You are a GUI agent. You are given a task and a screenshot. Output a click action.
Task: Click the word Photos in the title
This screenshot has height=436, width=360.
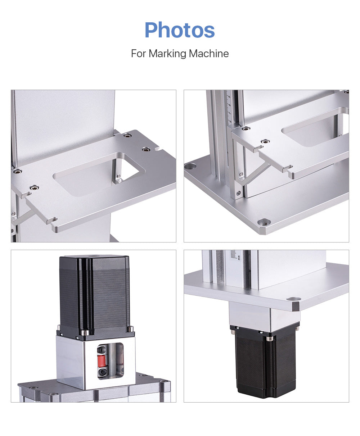click(180, 30)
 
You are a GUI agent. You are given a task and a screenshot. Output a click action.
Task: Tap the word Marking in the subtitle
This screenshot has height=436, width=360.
click(168, 54)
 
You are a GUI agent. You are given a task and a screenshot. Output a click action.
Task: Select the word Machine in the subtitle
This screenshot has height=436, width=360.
click(209, 54)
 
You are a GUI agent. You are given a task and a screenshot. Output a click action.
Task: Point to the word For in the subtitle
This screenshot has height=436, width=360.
click(139, 54)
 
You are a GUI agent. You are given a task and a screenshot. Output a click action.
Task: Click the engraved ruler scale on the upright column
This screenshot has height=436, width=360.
click(226, 108)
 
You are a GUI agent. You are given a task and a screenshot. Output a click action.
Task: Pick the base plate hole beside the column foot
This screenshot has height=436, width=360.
click(190, 166)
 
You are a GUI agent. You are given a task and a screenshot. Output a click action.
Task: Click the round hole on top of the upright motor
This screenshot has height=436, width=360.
click(94, 256)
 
